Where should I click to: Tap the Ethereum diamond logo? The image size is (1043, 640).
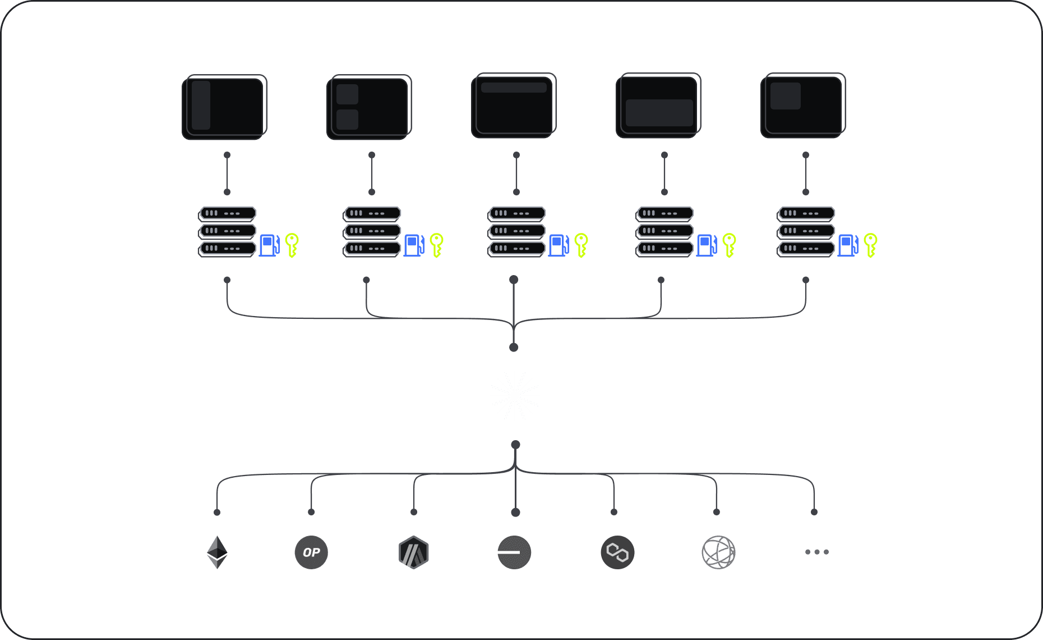tap(217, 552)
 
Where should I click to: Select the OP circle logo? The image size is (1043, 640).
tap(311, 552)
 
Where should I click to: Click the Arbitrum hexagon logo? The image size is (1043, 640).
tap(414, 552)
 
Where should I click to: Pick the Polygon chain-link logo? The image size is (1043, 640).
tap(617, 552)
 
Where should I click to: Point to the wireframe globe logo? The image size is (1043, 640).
tap(718, 552)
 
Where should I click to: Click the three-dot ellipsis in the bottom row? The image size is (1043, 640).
tap(816, 552)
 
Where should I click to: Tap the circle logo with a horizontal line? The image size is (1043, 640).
tap(514, 552)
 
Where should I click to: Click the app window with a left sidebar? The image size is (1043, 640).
tap(224, 107)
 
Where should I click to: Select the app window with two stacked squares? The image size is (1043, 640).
tap(369, 107)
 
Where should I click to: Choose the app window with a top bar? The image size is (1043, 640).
tap(514, 106)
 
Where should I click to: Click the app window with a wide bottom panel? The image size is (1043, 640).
tap(658, 106)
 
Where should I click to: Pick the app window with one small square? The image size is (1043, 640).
tap(803, 106)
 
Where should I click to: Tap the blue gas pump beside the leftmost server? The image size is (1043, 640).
tap(269, 245)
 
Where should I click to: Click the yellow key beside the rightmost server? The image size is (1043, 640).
tap(870, 245)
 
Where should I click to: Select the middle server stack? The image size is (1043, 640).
tap(517, 231)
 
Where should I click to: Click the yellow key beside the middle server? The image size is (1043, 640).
tap(581, 245)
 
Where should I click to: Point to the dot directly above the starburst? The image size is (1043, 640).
tap(514, 348)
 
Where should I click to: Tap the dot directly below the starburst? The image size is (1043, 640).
tap(515, 445)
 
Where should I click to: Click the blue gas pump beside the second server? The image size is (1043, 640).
tap(414, 245)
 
